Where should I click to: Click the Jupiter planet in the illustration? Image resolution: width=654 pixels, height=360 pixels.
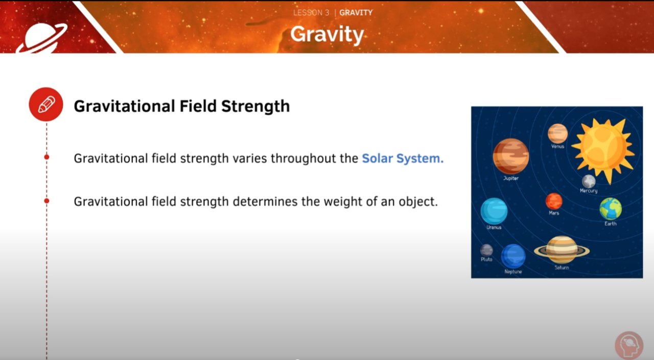click(x=510, y=156)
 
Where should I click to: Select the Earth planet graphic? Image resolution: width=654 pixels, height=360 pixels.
click(x=611, y=208)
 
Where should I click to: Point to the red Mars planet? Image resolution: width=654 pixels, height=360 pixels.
click(x=554, y=201)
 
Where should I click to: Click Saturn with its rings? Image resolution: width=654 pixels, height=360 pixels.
click(x=562, y=250)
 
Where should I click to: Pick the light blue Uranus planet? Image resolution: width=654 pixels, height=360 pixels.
click(x=494, y=211)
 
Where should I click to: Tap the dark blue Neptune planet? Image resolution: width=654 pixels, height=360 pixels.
click(x=513, y=256)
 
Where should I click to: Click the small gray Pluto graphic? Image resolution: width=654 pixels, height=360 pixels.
click(x=486, y=250)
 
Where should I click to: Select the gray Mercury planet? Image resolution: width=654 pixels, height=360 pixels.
click(x=589, y=181)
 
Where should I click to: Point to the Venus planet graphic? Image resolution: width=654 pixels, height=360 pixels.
click(x=557, y=133)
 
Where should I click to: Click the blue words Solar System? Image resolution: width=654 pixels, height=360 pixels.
click(x=403, y=158)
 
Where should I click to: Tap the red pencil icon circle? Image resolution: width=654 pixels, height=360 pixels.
click(x=46, y=104)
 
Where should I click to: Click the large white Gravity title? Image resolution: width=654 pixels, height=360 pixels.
click(x=327, y=34)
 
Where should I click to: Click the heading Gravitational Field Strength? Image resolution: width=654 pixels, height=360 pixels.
click(x=181, y=106)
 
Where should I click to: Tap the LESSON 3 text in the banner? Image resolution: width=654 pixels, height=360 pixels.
click(x=311, y=13)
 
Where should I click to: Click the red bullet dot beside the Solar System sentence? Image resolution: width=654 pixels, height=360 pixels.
click(x=46, y=157)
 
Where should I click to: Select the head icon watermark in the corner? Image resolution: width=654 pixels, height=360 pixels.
click(x=629, y=345)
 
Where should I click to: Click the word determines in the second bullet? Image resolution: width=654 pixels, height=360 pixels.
click(x=265, y=201)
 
